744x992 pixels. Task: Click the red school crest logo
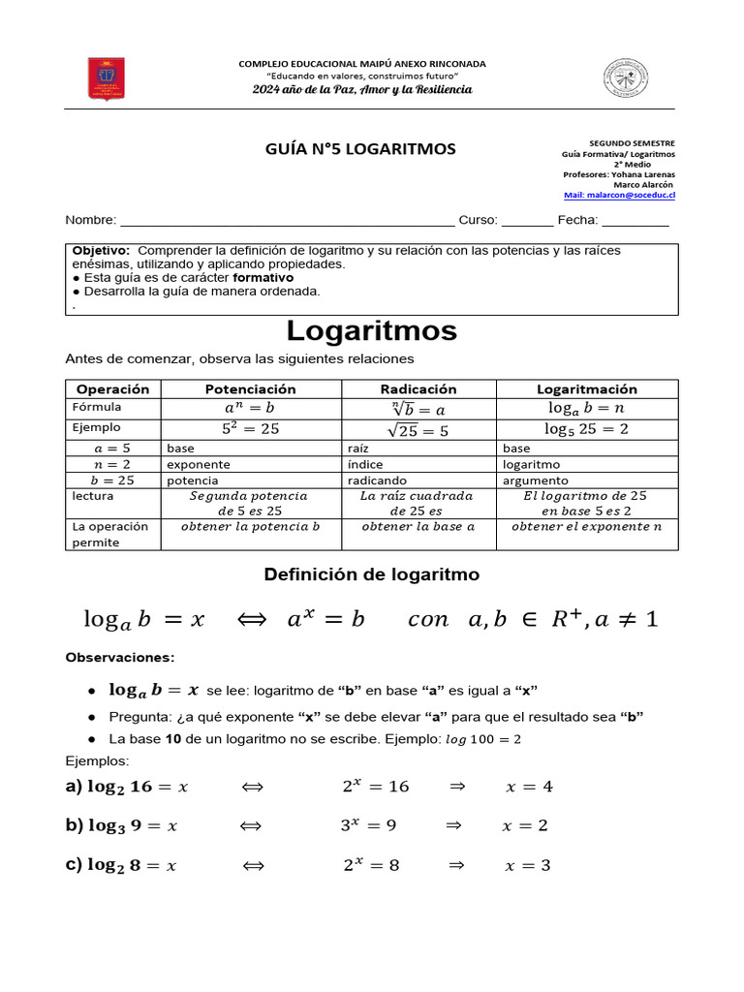(106, 78)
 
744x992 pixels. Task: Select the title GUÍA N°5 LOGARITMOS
(360, 149)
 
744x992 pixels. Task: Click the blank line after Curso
(527, 221)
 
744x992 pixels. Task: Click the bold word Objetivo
(101, 251)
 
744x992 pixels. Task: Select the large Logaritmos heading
(372, 331)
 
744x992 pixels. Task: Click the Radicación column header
(418, 389)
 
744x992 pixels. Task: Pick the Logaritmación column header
(587, 389)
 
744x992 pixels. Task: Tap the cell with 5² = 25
(250, 428)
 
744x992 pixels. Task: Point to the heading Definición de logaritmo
(372, 575)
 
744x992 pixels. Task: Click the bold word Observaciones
(120, 658)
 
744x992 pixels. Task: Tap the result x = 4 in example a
(529, 787)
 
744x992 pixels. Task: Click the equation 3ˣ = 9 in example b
(368, 826)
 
